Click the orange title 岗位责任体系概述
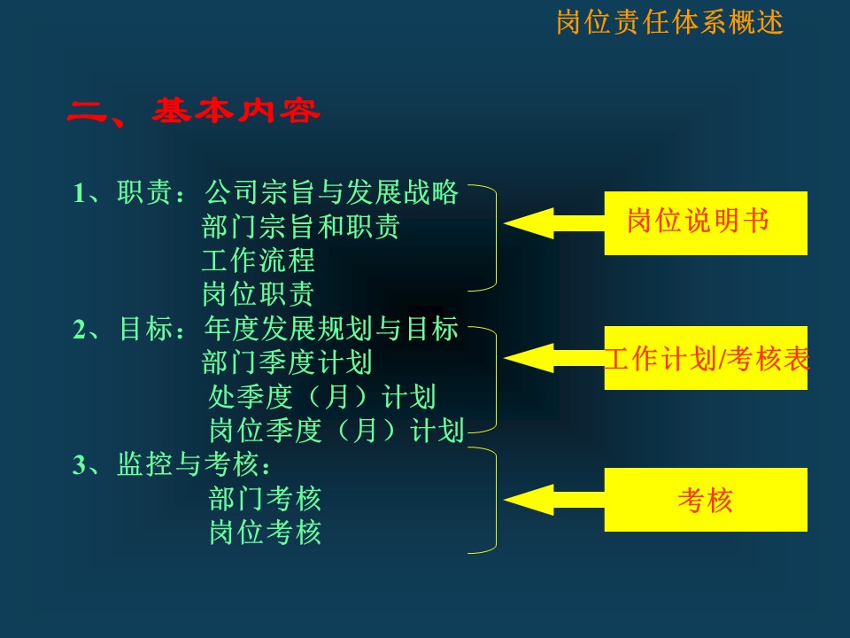670,23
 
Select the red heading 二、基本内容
194,112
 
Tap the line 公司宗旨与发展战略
331,192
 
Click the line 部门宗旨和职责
301,227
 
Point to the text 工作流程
258,261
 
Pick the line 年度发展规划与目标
331,329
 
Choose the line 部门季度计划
287,362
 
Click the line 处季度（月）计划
322,397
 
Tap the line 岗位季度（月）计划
336,431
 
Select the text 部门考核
265,499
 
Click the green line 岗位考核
265,533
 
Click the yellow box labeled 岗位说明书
706,223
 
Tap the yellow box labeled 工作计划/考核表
706,358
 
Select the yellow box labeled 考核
706,500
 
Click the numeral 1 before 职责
79,193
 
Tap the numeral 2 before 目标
79,330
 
